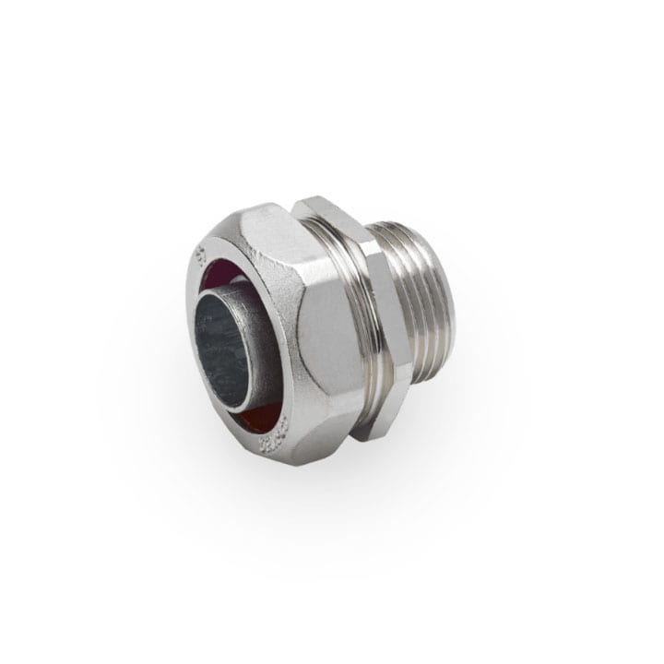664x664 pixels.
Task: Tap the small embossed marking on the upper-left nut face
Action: [199, 254]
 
